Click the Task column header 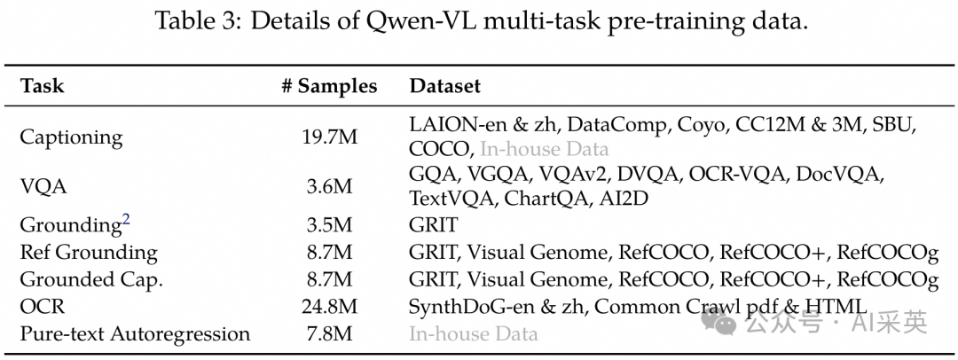[x=42, y=86]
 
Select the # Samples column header [x=328, y=86]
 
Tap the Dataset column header [x=444, y=86]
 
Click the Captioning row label [x=71, y=137]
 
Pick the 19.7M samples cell [x=329, y=137]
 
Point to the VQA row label [x=43, y=187]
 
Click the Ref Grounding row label [x=88, y=253]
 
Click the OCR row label [x=43, y=307]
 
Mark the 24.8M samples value [x=329, y=307]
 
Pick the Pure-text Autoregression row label [x=135, y=334]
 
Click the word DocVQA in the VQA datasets [x=839, y=174]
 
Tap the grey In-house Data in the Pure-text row [x=473, y=334]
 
